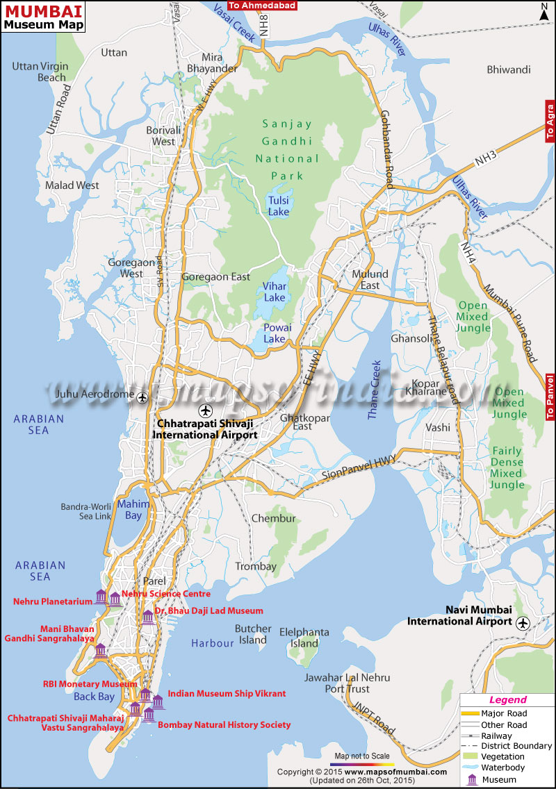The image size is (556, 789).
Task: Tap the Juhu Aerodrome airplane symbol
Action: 143,397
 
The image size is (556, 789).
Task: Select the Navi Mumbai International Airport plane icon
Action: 522,622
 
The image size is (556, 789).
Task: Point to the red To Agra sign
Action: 548,121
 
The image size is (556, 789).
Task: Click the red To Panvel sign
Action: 550,397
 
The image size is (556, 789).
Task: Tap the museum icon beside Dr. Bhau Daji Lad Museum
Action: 147,617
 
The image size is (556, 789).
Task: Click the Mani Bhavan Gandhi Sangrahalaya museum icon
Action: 100,651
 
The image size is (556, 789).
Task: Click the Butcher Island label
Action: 253,634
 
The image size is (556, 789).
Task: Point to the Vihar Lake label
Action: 274,292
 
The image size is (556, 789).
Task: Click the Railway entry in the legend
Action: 496,736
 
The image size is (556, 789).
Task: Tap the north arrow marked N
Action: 545,11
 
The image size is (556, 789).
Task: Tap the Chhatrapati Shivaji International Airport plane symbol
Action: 204,409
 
